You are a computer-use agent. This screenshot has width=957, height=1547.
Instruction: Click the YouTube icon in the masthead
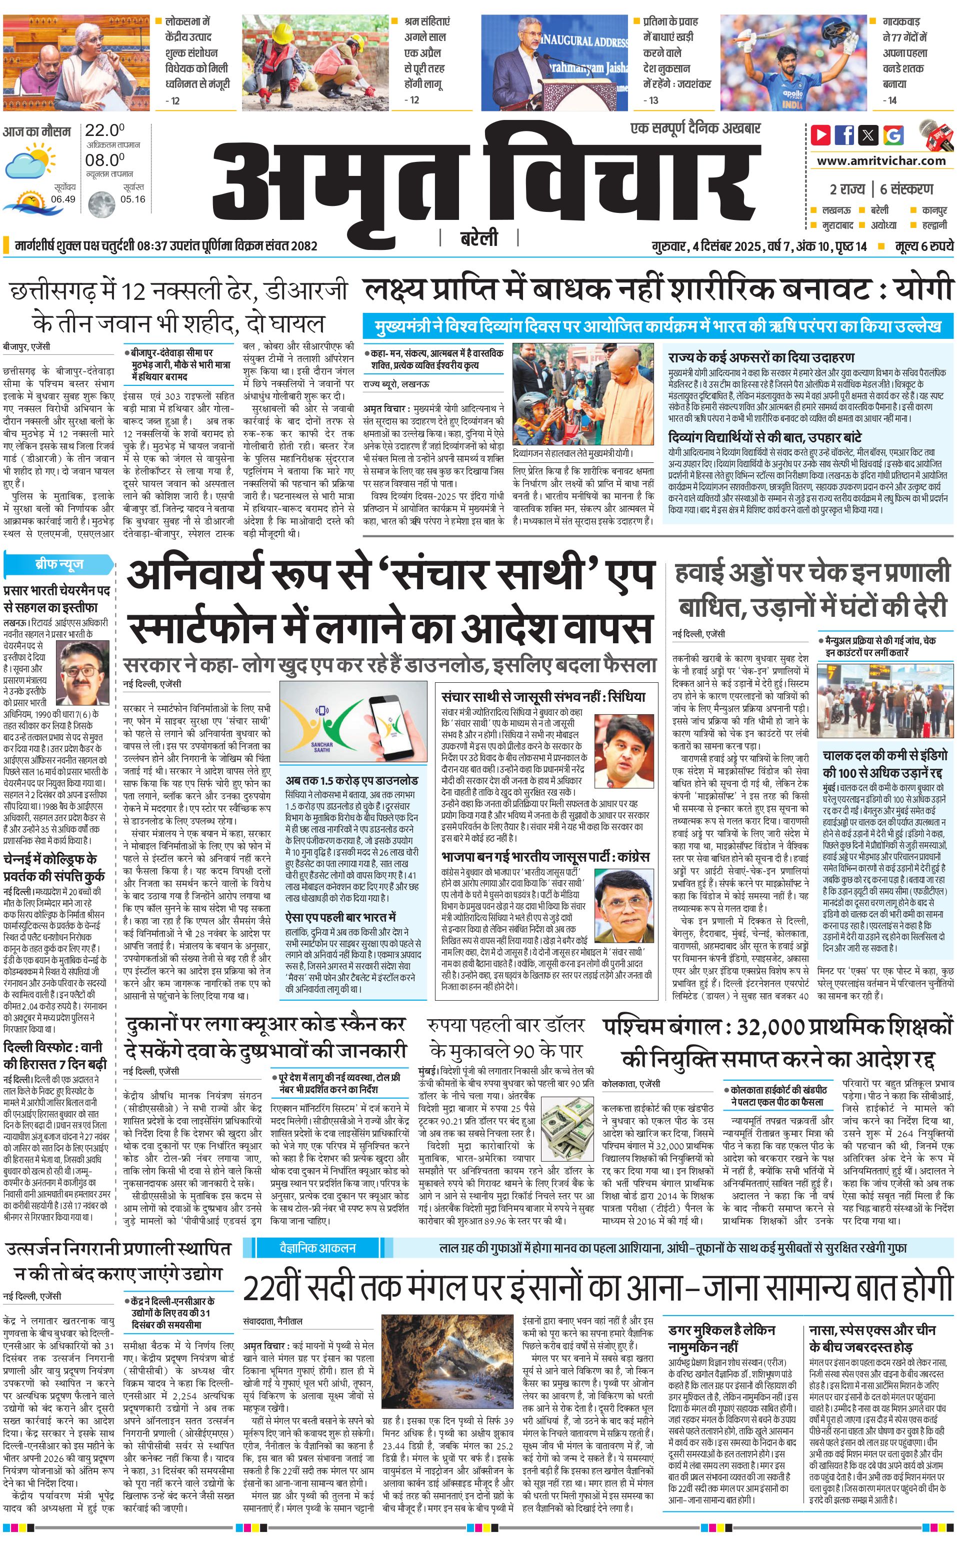coord(821,135)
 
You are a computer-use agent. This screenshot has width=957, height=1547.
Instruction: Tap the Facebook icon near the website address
coord(844,135)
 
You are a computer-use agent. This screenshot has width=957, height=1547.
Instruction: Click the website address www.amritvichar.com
coord(881,161)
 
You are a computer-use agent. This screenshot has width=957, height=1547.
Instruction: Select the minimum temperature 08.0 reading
coord(104,159)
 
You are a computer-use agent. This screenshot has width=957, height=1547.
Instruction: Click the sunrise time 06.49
coord(63,199)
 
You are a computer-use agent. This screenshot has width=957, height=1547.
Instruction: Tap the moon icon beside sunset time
coord(101,204)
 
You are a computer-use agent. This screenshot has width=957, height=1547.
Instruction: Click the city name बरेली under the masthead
coord(478,238)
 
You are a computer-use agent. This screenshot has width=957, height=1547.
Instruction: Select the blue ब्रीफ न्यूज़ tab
coord(59,564)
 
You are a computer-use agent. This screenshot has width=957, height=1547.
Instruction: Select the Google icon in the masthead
coord(893,135)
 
